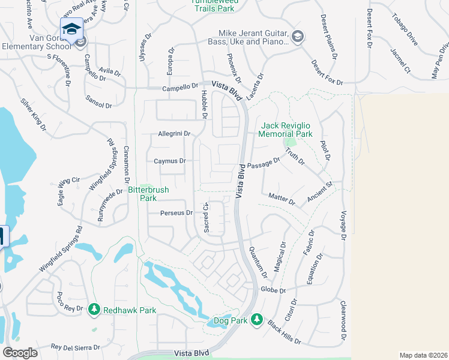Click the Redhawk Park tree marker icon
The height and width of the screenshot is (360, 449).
pos(94,310)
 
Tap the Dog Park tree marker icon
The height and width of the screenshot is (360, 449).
pos(257,319)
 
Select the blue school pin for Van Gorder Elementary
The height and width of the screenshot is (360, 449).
pos(71,28)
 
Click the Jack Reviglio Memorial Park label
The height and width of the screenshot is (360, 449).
pos(286,130)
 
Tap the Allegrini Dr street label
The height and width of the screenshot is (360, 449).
pos(173,134)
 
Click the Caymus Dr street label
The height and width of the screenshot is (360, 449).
pos(169,161)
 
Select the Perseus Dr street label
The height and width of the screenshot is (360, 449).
pos(176,212)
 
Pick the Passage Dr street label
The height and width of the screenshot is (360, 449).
pos(264,164)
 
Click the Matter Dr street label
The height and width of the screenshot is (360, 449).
pos(282,199)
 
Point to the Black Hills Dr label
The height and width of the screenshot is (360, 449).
pos(284,331)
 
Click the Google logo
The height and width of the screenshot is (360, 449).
pos(20,352)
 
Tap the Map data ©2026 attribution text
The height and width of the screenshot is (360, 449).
pos(423,355)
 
